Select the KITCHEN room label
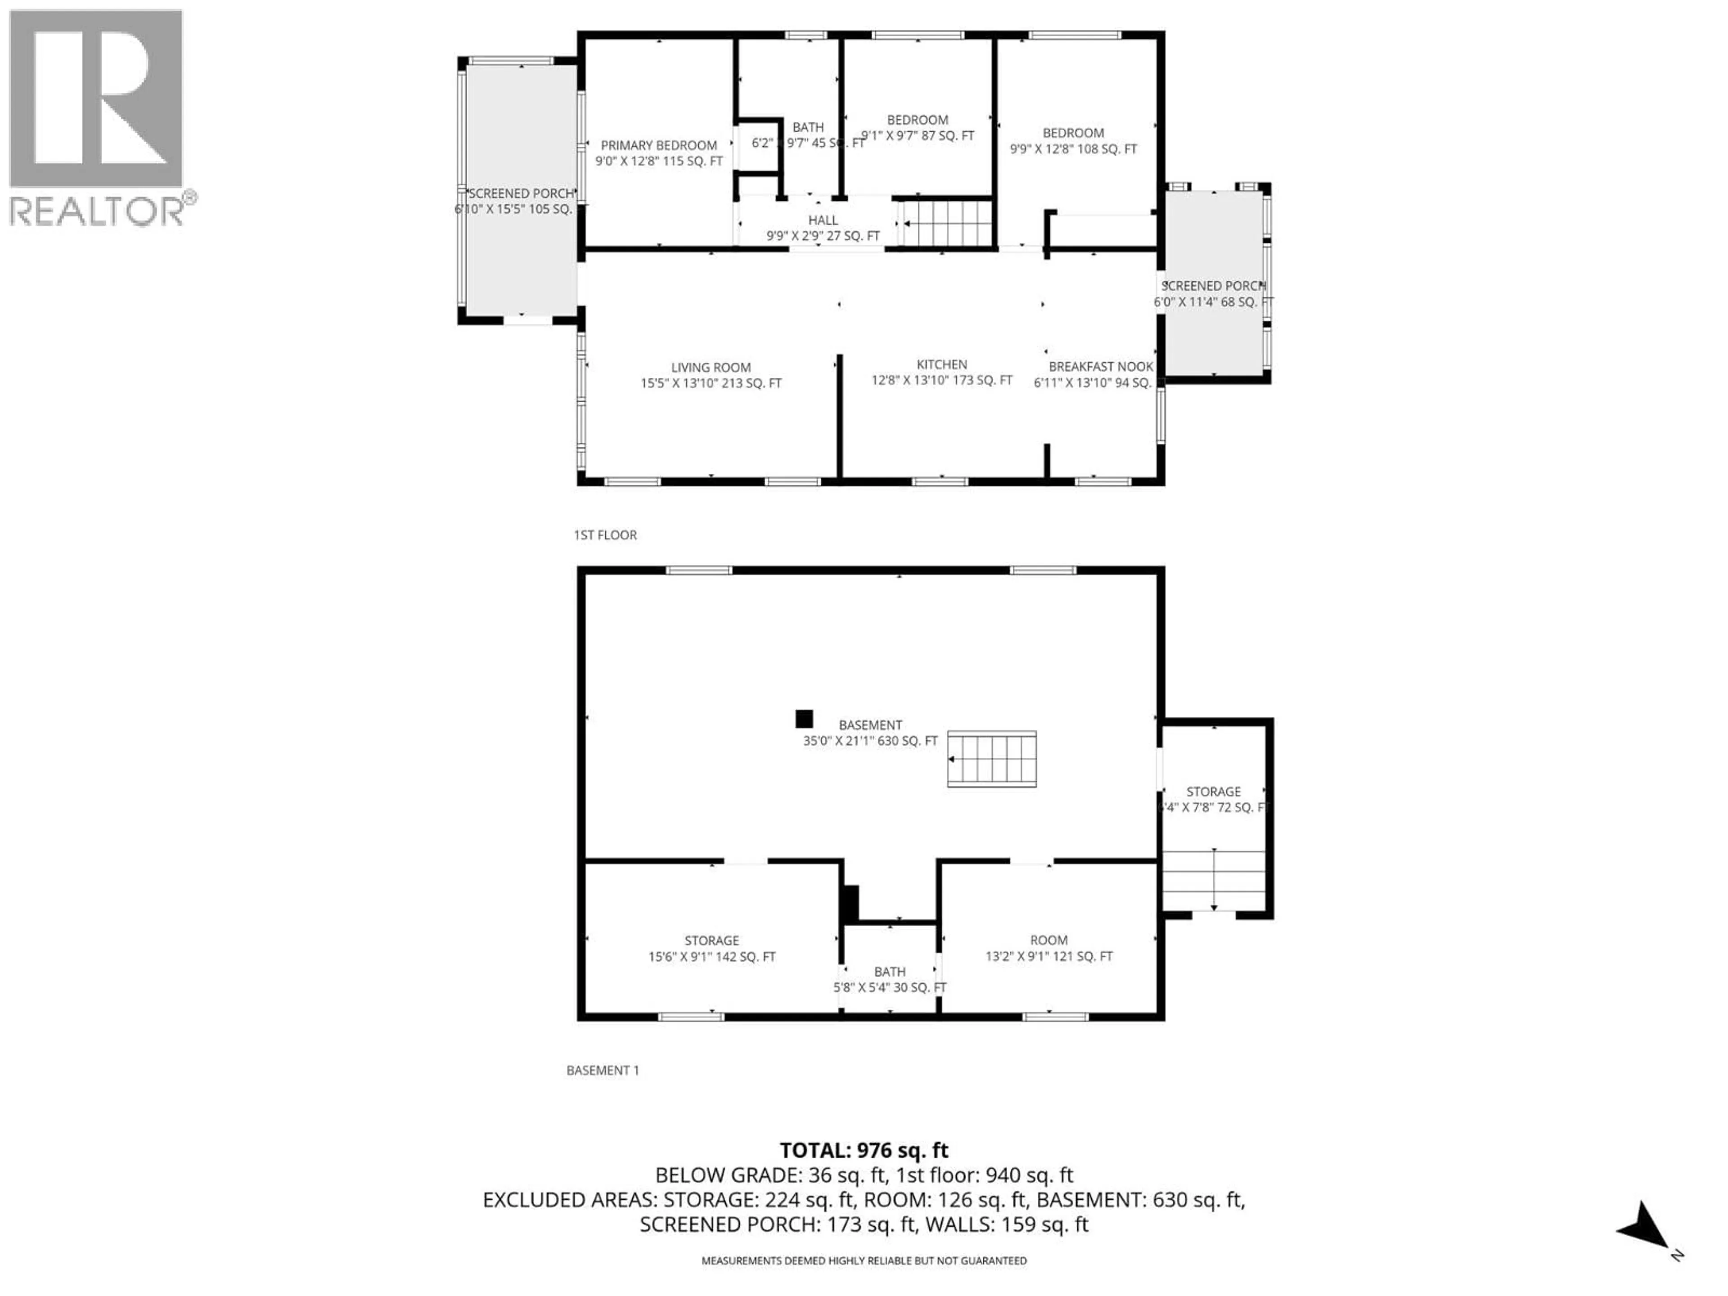(941, 365)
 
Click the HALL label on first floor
(823, 221)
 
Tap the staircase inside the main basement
(991, 759)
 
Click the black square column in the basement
(804, 719)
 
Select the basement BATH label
(890, 972)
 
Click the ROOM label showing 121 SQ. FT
(1048, 940)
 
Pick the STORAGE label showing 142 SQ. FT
(711, 940)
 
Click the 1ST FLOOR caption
(605, 535)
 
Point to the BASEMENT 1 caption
(602, 1070)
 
